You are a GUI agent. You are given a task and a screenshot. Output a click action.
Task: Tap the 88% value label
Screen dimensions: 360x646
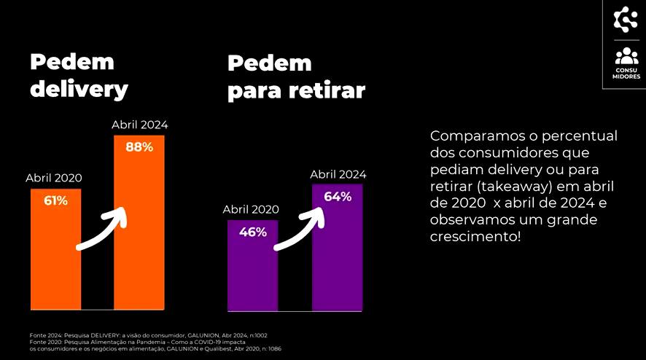tap(139, 147)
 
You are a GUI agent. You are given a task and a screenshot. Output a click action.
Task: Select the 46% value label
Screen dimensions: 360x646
tap(252, 232)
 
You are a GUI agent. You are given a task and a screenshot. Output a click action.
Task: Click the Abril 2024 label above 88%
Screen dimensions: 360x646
tap(139, 125)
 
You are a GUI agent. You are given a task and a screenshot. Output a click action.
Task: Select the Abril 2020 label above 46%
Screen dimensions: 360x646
tap(251, 209)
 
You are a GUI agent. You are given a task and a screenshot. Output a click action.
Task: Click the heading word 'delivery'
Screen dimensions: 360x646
tap(79, 89)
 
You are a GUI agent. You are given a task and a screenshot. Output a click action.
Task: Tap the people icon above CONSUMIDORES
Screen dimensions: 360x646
tap(626, 56)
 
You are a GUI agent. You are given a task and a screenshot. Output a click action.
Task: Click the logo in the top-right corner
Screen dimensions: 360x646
tap(626, 19)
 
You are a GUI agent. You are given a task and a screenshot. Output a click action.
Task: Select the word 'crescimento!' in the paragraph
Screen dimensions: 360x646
tap(476, 238)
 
